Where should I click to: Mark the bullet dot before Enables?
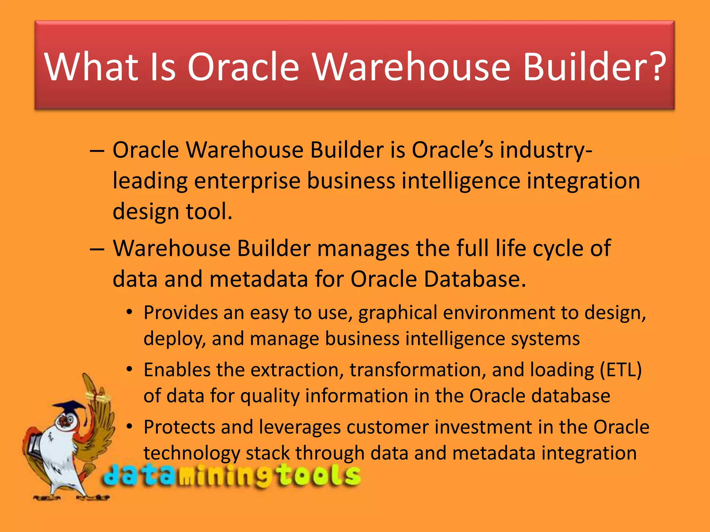129,369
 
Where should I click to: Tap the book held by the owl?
35,443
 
